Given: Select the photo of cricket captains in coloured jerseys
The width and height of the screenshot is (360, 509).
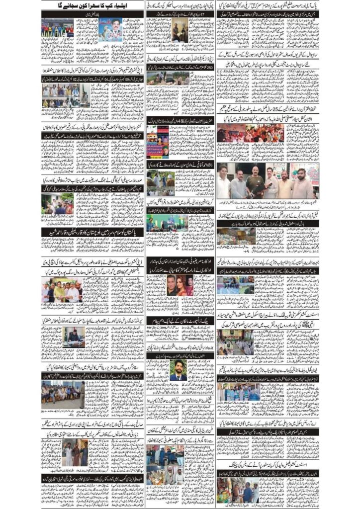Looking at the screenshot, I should point(57,28).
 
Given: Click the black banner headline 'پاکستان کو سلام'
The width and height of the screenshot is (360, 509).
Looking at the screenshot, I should point(92,231).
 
